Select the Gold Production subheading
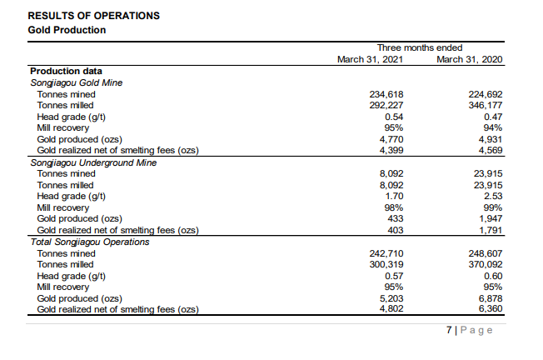tap(67, 30)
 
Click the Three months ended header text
tap(420, 47)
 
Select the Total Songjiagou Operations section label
tap(90, 242)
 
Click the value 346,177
tap(486, 105)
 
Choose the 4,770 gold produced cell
tap(384, 139)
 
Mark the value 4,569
tap(490, 150)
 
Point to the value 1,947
tap(490, 218)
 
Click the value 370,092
tap(486, 263)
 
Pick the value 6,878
tap(490, 297)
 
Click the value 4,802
tap(384, 308)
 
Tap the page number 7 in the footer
tap(448, 330)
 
